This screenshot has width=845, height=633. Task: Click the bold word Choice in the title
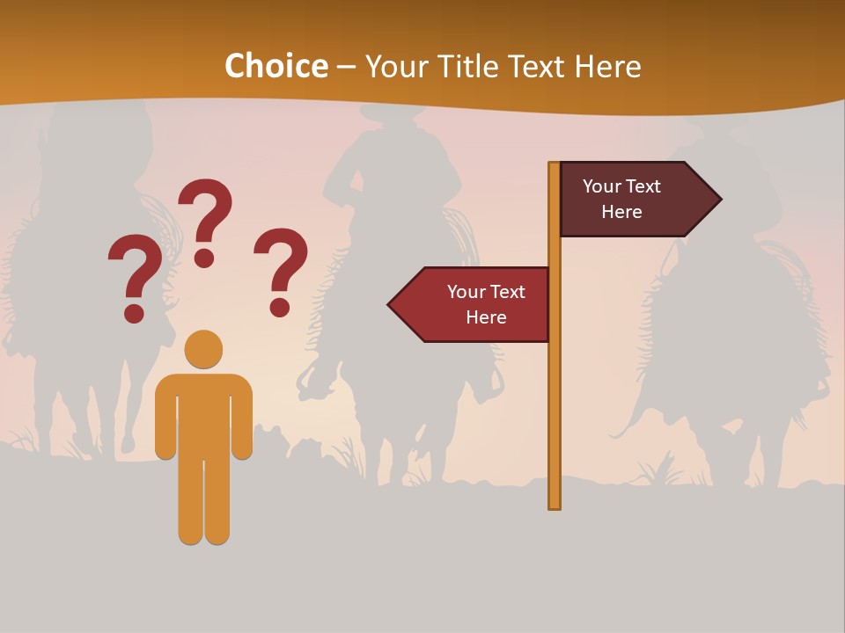click(x=276, y=66)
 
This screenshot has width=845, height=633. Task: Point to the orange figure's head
click(x=203, y=349)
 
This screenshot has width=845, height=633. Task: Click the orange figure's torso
click(x=203, y=413)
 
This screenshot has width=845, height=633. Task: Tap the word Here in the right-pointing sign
click(x=621, y=212)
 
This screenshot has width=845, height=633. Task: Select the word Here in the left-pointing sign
click(x=486, y=317)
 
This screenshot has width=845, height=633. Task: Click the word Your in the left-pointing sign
click(x=465, y=292)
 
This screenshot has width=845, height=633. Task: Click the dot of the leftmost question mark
click(x=135, y=312)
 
